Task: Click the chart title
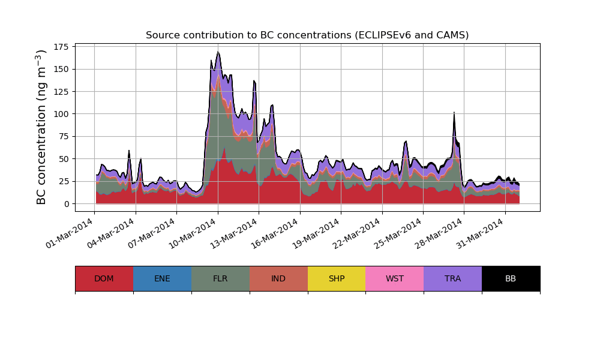(307, 35)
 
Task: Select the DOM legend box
(104, 278)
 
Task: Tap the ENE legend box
(162, 278)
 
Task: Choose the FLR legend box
(220, 278)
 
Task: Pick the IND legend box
(278, 278)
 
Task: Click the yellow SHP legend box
(337, 278)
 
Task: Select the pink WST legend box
(394, 278)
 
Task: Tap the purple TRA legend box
(452, 278)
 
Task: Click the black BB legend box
(511, 278)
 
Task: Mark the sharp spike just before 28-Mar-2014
(454, 113)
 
